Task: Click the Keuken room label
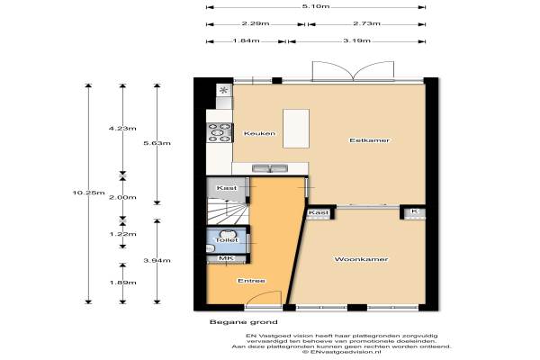tap(259, 133)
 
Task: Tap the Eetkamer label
tap(370, 140)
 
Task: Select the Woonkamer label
tap(361, 259)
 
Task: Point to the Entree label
tap(251, 281)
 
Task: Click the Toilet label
tap(227, 239)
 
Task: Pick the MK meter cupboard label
tap(226, 258)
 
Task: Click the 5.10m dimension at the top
tap(316, 6)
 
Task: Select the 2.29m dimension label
tap(256, 23)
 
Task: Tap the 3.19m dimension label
tap(356, 40)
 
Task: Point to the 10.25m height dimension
tap(88, 193)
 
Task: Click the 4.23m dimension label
tap(122, 129)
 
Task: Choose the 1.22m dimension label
tap(122, 234)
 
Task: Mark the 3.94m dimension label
tap(157, 260)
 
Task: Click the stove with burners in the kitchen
tap(220, 132)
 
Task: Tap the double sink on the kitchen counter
tap(270, 168)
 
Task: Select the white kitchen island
tap(296, 129)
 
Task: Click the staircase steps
tap(228, 211)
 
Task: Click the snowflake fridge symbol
tap(224, 90)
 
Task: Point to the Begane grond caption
tap(244, 322)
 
